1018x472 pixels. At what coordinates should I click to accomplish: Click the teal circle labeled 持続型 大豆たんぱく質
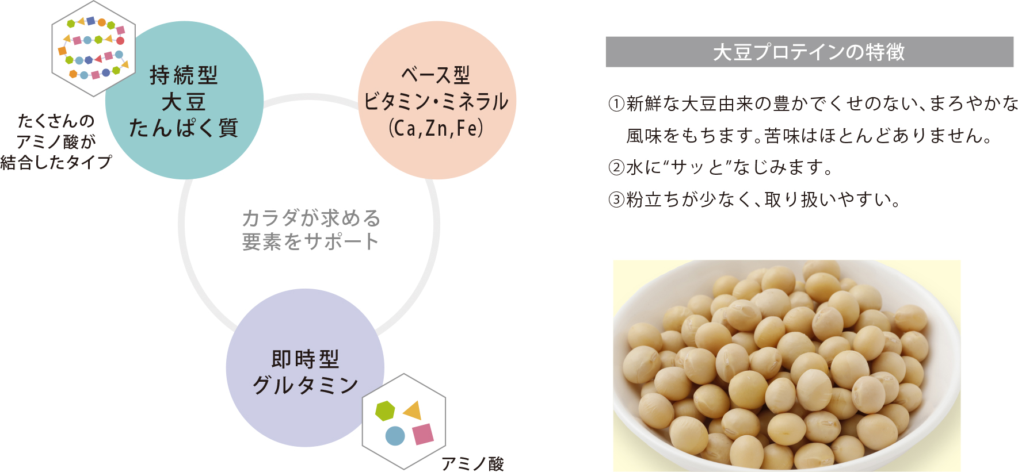tap(185, 101)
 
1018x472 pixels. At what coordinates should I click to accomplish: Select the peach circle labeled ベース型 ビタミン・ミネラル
tap(437, 101)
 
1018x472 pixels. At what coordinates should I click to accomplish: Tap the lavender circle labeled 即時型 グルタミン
tap(305, 368)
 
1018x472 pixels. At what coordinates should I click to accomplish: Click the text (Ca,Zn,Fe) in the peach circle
tap(436, 128)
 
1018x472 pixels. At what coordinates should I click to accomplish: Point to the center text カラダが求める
tap(311, 218)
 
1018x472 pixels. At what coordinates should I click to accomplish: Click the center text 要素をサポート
tap(311, 242)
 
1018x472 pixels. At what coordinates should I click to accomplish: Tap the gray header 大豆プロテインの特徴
tap(809, 52)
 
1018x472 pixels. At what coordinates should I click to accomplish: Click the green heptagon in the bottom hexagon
tap(385, 411)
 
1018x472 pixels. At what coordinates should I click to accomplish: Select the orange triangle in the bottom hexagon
tap(413, 410)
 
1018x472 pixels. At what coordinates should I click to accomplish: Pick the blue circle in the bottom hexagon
tap(395, 436)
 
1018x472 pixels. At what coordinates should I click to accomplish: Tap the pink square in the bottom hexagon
tap(423, 434)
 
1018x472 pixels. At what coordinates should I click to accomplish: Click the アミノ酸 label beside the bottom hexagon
tap(472, 464)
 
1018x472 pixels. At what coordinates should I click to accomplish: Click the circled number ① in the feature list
tap(616, 104)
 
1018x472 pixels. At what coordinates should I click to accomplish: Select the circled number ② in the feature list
tap(616, 168)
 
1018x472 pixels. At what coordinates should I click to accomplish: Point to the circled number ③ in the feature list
tap(616, 200)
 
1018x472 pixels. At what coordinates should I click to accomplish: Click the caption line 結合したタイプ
tap(56, 163)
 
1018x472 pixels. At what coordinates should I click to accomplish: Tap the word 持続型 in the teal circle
tap(184, 75)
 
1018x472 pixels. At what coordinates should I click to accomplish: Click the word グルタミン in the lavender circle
tap(306, 385)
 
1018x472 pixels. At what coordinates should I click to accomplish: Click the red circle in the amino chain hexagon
tap(120, 41)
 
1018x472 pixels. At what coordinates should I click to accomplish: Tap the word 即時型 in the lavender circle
tap(306, 359)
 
